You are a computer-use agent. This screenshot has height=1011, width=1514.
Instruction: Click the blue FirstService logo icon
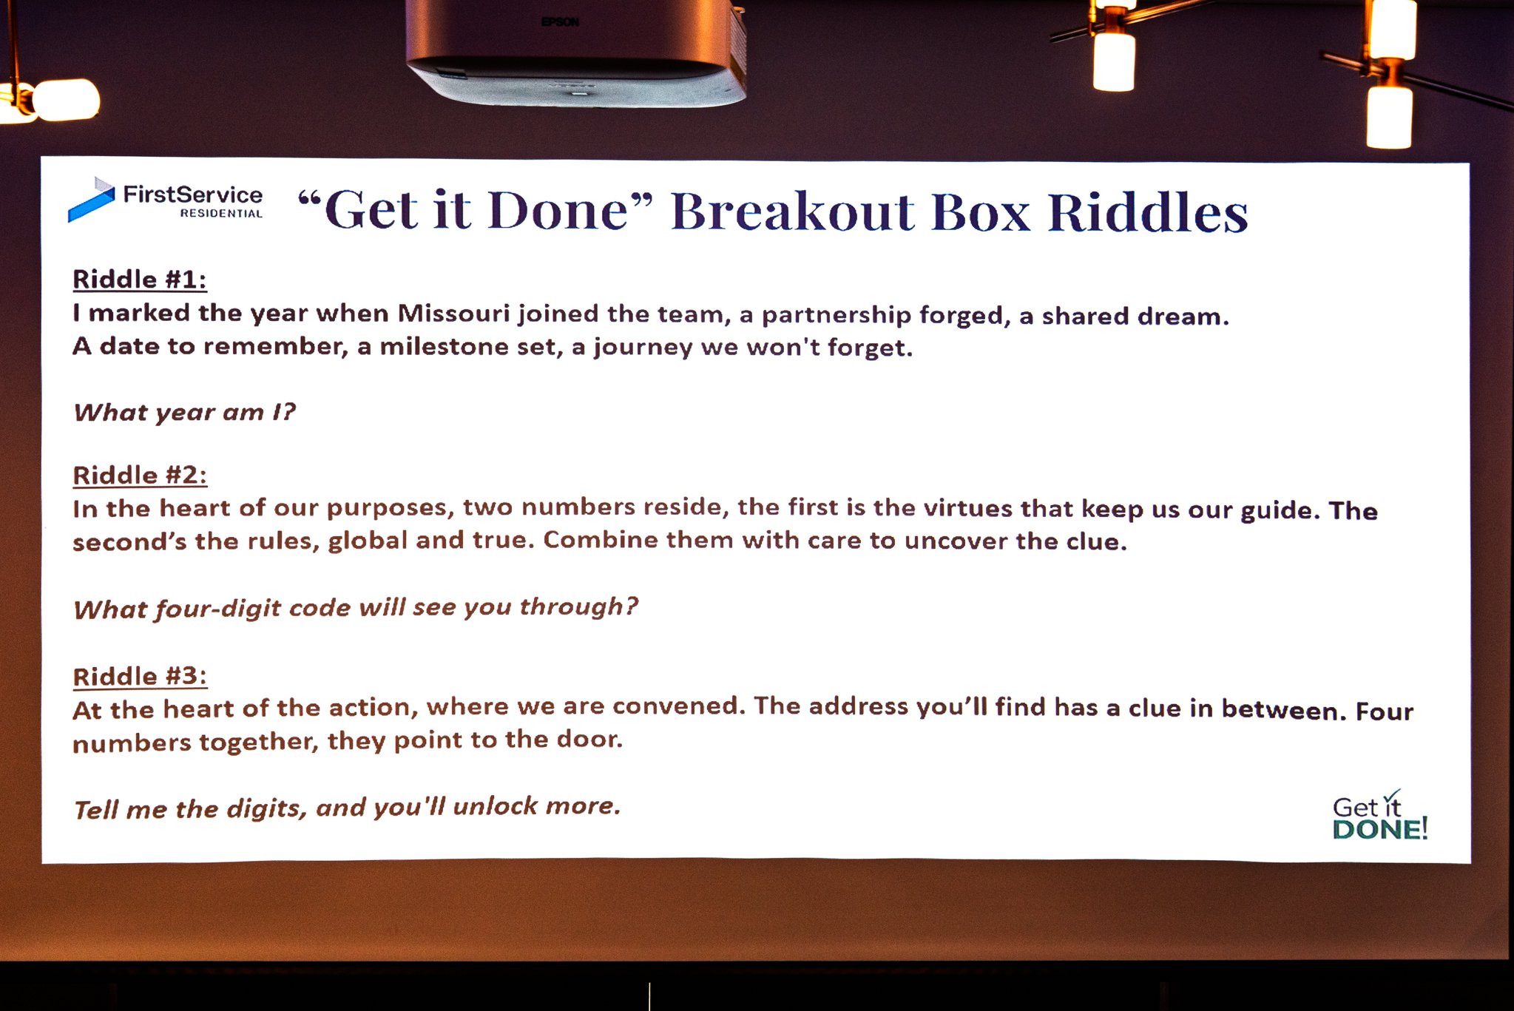coord(92,199)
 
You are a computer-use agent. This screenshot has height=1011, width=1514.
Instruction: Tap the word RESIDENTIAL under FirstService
coord(222,214)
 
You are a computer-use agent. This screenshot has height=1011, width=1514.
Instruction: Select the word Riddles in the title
coord(1148,213)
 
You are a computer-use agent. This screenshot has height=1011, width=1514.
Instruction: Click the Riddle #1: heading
coord(140,280)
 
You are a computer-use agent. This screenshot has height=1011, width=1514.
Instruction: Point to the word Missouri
coord(453,313)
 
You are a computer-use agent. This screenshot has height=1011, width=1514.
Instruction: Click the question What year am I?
coord(184,412)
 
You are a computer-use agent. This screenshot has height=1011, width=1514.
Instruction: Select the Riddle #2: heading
coord(140,475)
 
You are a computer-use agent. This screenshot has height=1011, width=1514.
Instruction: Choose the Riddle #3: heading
coord(140,676)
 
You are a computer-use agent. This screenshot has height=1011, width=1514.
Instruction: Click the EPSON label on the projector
coord(560,22)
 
